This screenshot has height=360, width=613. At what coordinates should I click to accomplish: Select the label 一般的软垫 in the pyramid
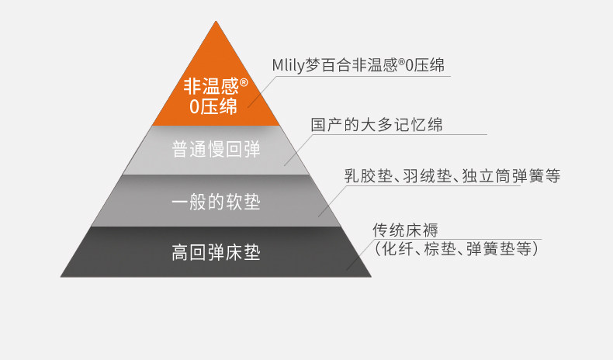click(215, 203)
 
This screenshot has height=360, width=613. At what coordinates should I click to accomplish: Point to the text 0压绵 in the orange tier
click(213, 107)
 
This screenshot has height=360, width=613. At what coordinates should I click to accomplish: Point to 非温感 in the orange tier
click(209, 86)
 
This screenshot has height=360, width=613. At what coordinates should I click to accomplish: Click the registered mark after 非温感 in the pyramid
click(243, 81)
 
